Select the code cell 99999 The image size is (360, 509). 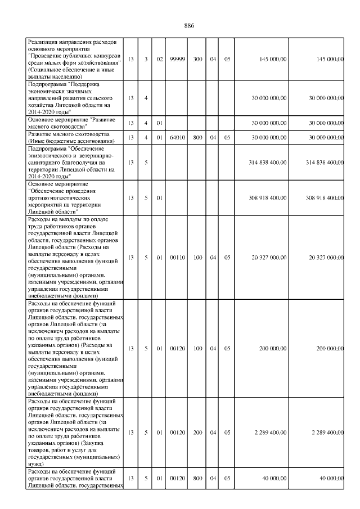[x=178, y=59]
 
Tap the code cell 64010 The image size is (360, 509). [x=178, y=137]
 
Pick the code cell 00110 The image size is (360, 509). [x=178, y=258]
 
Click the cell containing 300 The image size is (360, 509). [x=197, y=59]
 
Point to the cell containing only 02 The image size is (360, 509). [x=160, y=59]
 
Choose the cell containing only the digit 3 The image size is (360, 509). [x=146, y=59]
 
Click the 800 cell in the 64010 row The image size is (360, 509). [x=197, y=137]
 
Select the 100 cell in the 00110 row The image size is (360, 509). [x=197, y=258]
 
